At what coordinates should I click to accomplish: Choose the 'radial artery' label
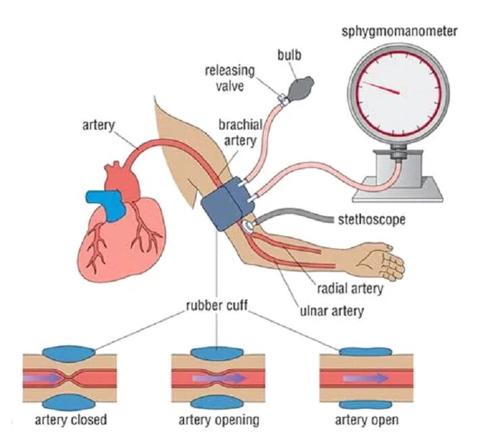pyautogui.click(x=350, y=289)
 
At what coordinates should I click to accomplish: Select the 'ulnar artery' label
pyautogui.click(x=332, y=311)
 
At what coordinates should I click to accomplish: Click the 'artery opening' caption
pyautogui.click(x=218, y=420)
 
